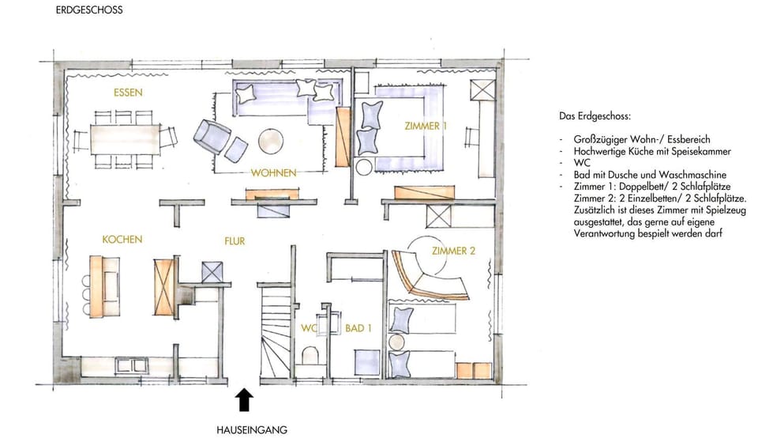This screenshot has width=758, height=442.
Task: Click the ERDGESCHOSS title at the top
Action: pyautogui.click(x=89, y=11)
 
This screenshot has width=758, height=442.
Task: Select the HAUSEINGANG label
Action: pyautogui.click(x=252, y=430)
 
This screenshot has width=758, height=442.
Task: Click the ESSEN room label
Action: pyautogui.click(x=128, y=93)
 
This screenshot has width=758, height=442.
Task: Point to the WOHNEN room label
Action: pyautogui.click(x=273, y=172)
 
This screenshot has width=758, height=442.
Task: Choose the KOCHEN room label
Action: pyautogui.click(x=122, y=239)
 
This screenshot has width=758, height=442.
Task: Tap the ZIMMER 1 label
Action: pyautogui.click(x=426, y=127)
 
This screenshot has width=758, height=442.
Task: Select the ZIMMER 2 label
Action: pyautogui.click(x=453, y=251)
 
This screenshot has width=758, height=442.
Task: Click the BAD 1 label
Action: pyautogui.click(x=358, y=328)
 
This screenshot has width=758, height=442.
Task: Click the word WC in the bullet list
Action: pyautogui.click(x=571, y=162)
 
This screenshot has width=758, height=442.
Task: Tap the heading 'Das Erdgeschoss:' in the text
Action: pyautogui.click(x=594, y=116)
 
